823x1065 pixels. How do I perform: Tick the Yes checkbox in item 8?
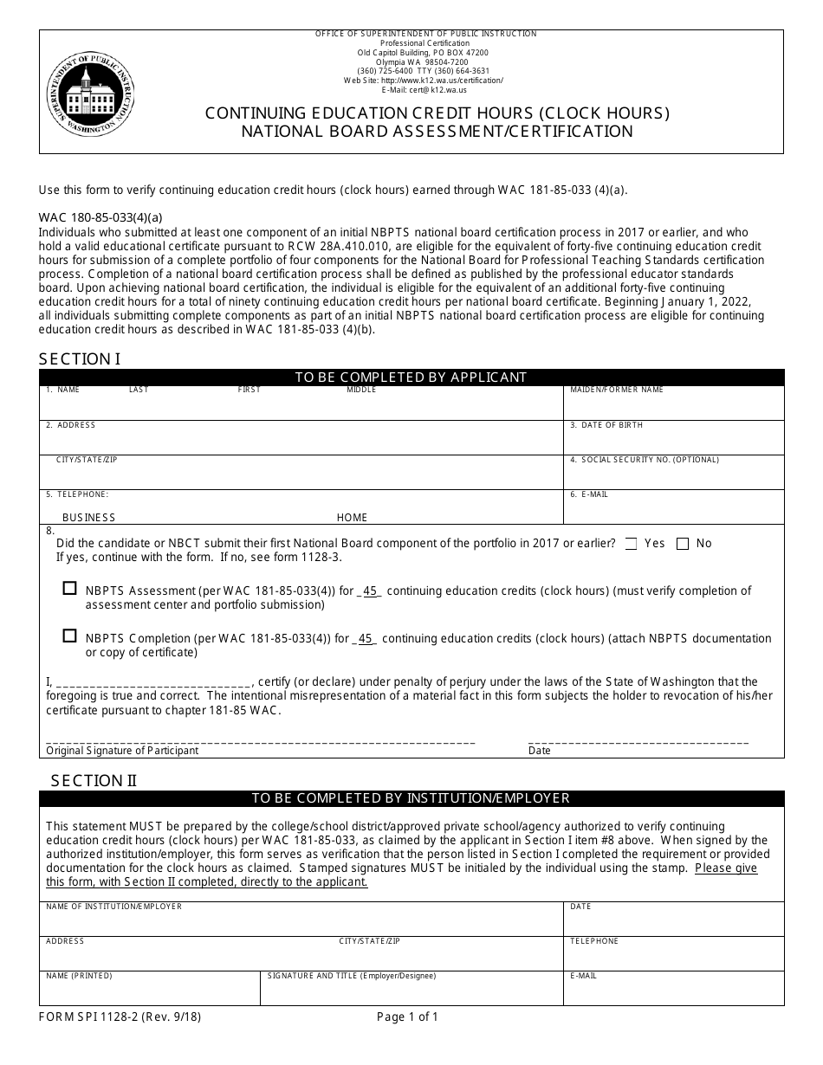tap(631, 544)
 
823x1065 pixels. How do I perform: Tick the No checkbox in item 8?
tap(683, 544)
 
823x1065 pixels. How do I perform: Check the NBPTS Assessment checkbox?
tap(69, 588)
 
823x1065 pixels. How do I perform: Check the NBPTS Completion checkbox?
tap(69, 636)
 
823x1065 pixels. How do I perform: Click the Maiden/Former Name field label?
tap(616, 390)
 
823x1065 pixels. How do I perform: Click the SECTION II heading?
tap(94, 780)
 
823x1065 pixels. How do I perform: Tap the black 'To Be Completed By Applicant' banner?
tap(411, 378)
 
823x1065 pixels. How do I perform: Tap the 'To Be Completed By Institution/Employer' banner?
tap(411, 798)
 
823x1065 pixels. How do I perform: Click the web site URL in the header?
tap(424, 81)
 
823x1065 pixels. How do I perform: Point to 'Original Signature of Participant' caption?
tap(122, 751)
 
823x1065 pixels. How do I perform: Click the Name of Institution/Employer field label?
tap(113, 907)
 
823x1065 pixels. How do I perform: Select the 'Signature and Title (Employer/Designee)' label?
tap(352, 976)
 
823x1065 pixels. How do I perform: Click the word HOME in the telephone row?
tap(352, 518)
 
